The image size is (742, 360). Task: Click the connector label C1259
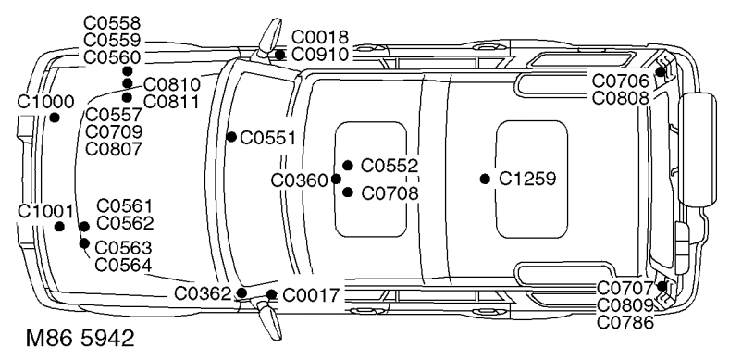pos(527,179)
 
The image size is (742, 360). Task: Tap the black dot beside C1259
pos(485,179)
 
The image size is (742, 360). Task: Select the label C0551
pos(267,138)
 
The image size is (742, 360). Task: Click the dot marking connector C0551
pos(231,137)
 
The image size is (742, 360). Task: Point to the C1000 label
pos(45,102)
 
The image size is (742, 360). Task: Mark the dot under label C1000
pos(55,118)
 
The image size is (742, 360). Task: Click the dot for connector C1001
pos(59,227)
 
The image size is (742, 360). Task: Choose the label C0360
pos(299,180)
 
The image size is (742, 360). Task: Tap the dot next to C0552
pos(348,165)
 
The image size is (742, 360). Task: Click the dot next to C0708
pos(348,192)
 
